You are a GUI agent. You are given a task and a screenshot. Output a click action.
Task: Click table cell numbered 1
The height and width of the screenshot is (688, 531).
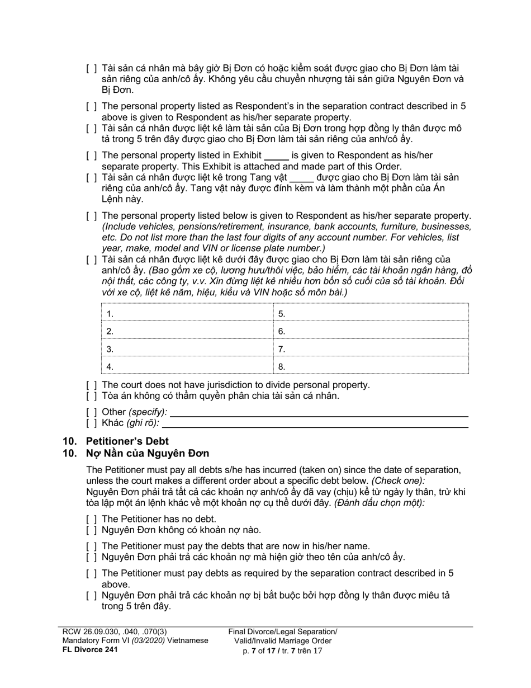(187, 314)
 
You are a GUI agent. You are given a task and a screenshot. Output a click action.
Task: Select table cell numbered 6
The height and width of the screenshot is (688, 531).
(371, 331)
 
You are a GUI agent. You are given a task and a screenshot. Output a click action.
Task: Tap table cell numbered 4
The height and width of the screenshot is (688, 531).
(187, 366)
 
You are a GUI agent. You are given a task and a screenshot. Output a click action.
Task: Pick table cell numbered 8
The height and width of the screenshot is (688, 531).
(371, 366)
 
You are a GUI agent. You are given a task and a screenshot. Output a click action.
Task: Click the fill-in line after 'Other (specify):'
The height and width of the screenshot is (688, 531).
(319, 413)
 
